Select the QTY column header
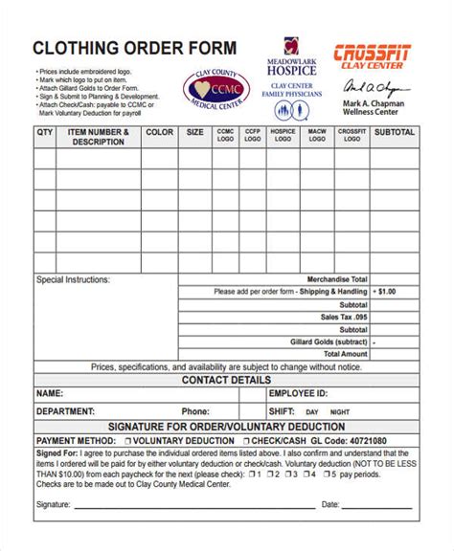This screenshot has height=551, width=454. (45, 132)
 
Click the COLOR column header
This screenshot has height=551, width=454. (158, 132)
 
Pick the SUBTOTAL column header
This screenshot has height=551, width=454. (394, 132)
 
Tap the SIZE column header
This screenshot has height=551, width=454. (195, 132)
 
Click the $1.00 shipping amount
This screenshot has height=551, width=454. (386, 292)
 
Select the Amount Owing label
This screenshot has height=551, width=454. (341, 354)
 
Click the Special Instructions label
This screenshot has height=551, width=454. (73, 280)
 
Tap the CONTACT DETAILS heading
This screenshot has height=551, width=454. (226, 380)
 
